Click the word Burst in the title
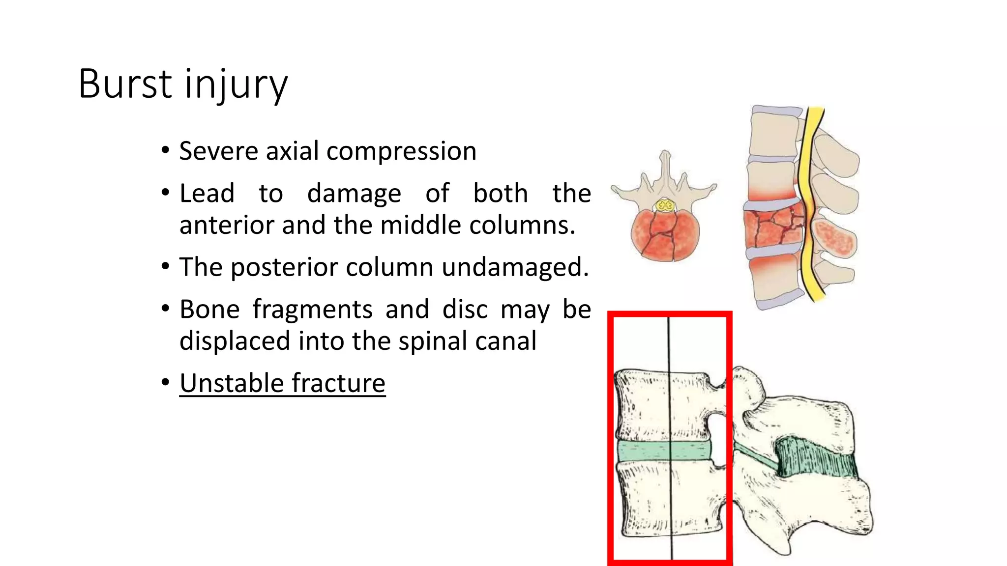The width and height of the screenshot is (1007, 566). [x=125, y=84]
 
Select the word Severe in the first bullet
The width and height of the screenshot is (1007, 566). [x=219, y=151]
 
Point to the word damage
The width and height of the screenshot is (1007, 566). [x=354, y=194]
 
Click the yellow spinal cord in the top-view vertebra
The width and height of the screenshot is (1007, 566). [x=665, y=205]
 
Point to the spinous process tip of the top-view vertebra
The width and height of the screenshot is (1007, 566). [x=665, y=155]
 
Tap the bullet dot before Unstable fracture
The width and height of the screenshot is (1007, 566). [x=166, y=382]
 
